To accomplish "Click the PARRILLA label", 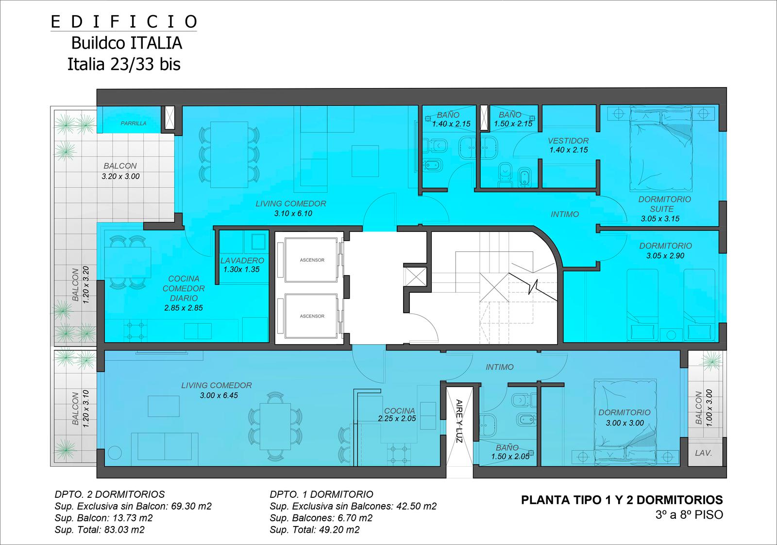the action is coord(133,123).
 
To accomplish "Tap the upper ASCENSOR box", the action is coord(311,260).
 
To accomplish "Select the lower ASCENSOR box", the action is coord(311,316).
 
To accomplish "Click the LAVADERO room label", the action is coord(242,260).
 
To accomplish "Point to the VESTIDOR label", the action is coord(568,141).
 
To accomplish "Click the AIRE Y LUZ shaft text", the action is coord(459,421).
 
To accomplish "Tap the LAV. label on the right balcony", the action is coord(704,453).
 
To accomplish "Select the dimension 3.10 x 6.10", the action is coord(293,213).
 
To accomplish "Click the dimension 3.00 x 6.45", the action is coord(219,395).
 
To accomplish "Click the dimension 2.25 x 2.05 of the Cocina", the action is coord(397,419).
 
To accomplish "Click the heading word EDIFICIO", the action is coord(124,22).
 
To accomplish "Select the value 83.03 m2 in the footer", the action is coord(124,530).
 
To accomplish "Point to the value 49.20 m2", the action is coord(339,530).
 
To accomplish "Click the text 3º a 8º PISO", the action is coord(689,514).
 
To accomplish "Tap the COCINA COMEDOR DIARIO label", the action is coord(184,288).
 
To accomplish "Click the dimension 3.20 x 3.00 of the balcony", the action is coord(120,176).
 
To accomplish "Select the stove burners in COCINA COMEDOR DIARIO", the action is coord(135,331).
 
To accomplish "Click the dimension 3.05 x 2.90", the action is coord(665,256).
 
